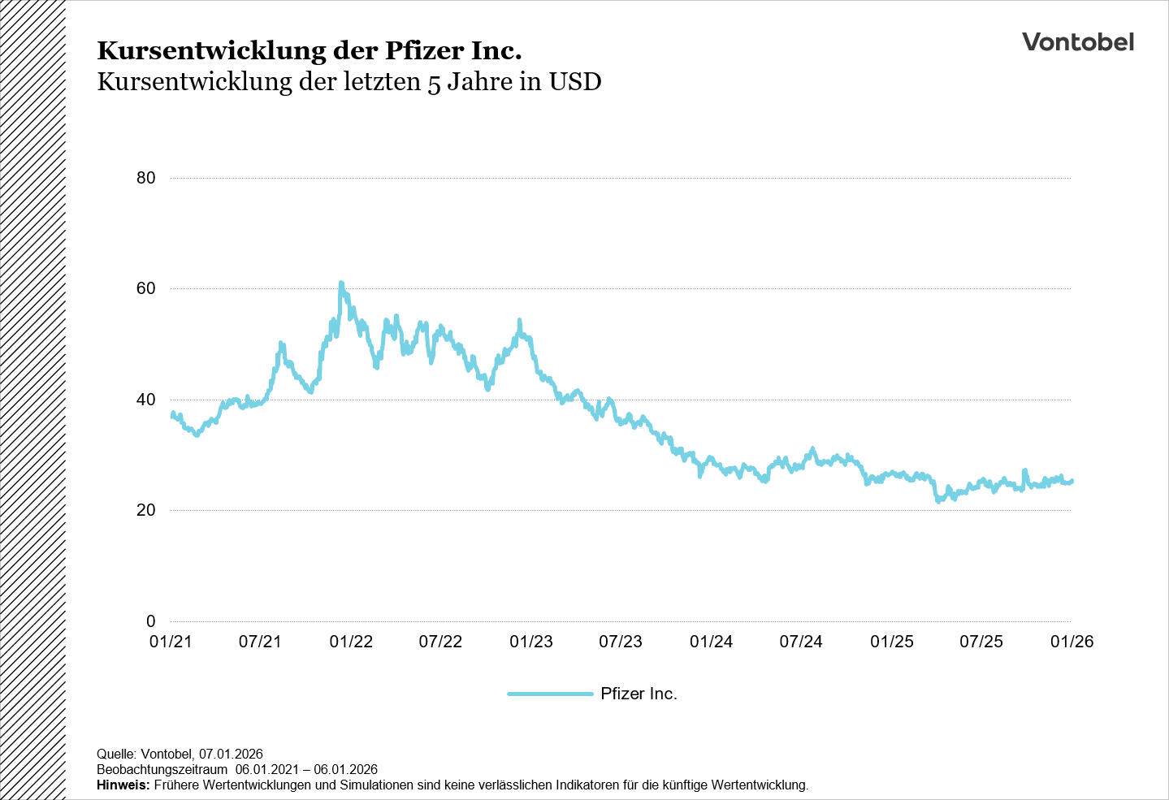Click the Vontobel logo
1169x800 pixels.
coord(1077,42)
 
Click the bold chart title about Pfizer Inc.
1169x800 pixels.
coord(310,50)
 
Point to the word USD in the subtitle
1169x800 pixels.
coord(575,82)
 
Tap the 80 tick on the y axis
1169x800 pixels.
coord(146,178)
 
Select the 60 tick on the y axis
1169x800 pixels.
coord(146,289)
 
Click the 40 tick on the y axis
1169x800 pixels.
coord(146,400)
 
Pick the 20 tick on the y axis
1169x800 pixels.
coord(146,510)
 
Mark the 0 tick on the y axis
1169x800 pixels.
coord(150,621)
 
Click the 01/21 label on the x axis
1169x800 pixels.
coord(171,642)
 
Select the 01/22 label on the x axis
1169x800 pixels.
coord(351,642)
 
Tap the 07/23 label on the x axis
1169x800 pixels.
coord(621,642)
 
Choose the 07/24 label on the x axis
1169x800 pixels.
coord(801,642)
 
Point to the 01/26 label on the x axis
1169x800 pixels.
coord(1072,642)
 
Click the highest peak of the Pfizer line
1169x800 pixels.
coord(341,283)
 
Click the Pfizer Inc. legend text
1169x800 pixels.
coord(639,694)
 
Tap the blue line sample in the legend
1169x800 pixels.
coord(550,694)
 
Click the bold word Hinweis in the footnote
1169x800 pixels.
coord(122,785)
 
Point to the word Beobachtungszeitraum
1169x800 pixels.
coord(162,770)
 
